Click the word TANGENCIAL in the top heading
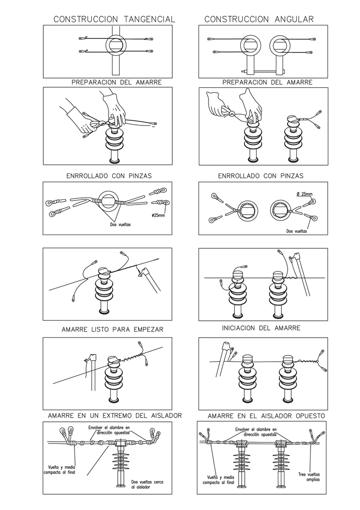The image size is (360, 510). click(x=149, y=19)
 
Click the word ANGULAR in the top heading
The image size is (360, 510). click(x=294, y=19)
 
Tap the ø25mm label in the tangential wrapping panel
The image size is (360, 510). click(x=158, y=215)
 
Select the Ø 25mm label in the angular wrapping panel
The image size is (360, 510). click(x=304, y=194)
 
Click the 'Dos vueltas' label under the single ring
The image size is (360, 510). click(x=120, y=224)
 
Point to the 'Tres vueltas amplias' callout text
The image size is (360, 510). click(x=309, y=477)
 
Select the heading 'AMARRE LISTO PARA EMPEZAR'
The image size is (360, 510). click(x=113, y=329)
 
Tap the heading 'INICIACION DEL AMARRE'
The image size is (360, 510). click(x=261, y=328)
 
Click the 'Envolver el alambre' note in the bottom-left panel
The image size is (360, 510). click(x=109, y=430)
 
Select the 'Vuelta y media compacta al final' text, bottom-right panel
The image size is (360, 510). click(x=218, y=480)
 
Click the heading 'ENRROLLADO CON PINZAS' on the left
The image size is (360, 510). click(x=109, y=176)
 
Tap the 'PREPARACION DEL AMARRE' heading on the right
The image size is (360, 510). click(x=267, y=82)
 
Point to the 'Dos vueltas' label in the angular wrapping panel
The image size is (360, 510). click(x=297, y=231)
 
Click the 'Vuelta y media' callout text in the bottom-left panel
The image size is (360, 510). click(x=60, y=470)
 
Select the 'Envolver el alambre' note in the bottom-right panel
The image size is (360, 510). click(x=256, y=431)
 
